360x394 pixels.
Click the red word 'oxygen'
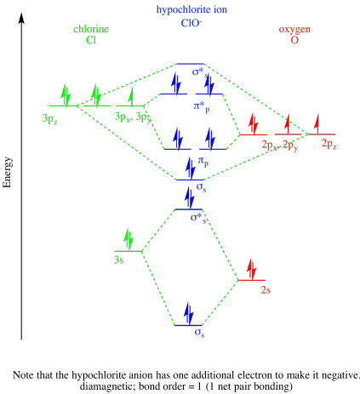point(294,28)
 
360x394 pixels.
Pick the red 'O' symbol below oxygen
point(294,39)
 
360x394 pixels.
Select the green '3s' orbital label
point(120,256)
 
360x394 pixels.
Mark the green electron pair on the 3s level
point(129,237)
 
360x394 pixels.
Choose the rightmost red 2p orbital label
point(329,145)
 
